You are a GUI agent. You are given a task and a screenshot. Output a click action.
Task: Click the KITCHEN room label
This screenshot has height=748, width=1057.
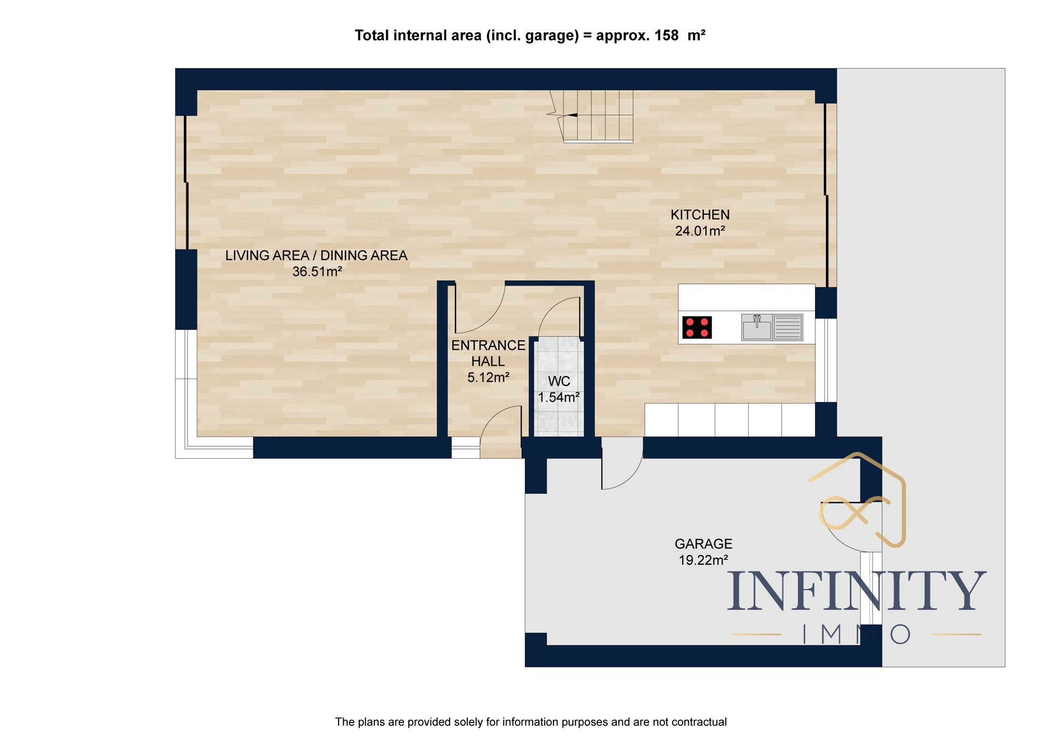point(700,215)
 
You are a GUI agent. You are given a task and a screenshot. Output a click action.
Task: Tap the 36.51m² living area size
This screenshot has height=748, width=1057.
point(317,271)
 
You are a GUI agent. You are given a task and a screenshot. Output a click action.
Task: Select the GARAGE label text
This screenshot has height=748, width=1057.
point(703,544)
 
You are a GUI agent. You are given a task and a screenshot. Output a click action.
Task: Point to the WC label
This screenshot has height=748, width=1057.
point(559,381)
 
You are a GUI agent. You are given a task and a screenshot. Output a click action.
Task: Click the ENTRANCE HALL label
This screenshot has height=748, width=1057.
point(488,353)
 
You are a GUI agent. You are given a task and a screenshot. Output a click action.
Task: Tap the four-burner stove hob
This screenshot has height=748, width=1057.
point(697,327)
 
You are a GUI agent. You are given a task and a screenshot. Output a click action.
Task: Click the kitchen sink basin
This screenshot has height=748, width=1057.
point(757,328)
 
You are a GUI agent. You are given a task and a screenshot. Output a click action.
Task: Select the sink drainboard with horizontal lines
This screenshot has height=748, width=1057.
point(788,327)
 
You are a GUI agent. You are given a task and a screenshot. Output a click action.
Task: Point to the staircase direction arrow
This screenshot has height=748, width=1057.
point(571,115)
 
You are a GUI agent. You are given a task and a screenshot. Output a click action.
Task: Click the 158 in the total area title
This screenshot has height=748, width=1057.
point(666,35)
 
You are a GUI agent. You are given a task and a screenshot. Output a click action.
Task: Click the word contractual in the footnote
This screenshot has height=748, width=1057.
point(699,722)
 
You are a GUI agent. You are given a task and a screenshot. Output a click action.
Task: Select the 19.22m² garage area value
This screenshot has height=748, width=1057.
point(703,560)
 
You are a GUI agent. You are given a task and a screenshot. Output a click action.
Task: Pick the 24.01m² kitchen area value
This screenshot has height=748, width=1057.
point(700,231)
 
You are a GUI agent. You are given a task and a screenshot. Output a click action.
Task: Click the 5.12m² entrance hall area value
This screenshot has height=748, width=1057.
point(488,378)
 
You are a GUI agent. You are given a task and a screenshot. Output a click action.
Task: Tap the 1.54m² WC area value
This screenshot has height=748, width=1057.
point(559,397)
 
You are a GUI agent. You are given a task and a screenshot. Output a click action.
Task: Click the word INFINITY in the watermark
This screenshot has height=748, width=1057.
point(857,591)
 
